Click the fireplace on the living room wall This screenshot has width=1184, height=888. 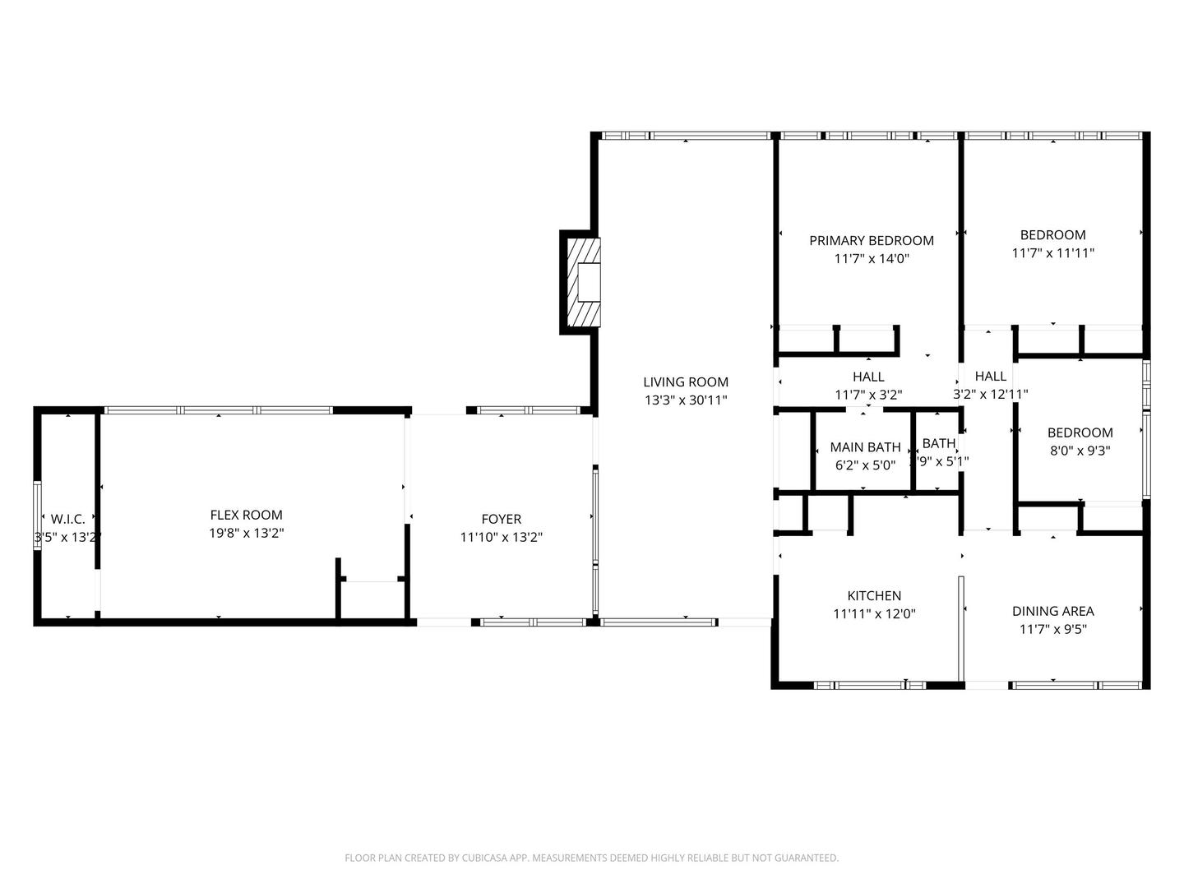tap(583, 283)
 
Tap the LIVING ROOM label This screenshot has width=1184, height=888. tap(686, 382)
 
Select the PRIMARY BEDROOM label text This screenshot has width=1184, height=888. tap(872, 240)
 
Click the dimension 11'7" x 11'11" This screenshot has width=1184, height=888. tap(1052, 253)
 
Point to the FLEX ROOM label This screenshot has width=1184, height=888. tap(246, 515)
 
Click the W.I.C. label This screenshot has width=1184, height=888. tap(68, 519)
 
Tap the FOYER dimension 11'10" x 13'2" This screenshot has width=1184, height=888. tap(501, 537)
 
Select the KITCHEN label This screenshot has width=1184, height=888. tap(874, 595)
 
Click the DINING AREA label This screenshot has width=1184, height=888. tap(1052, 611)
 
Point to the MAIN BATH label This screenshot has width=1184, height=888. tap(865, 447)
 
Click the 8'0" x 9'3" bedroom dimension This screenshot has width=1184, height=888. tap(1080, 451)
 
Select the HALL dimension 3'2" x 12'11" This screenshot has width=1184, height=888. tap(990, 395)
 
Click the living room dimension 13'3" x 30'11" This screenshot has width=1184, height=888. tap(686, 400)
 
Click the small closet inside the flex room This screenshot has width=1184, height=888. tap(371, 599)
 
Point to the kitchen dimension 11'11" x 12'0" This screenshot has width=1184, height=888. tap(874, 613)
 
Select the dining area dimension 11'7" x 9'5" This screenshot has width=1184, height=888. tap(1052, 630)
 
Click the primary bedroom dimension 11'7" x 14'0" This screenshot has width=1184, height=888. tap(872, 259)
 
